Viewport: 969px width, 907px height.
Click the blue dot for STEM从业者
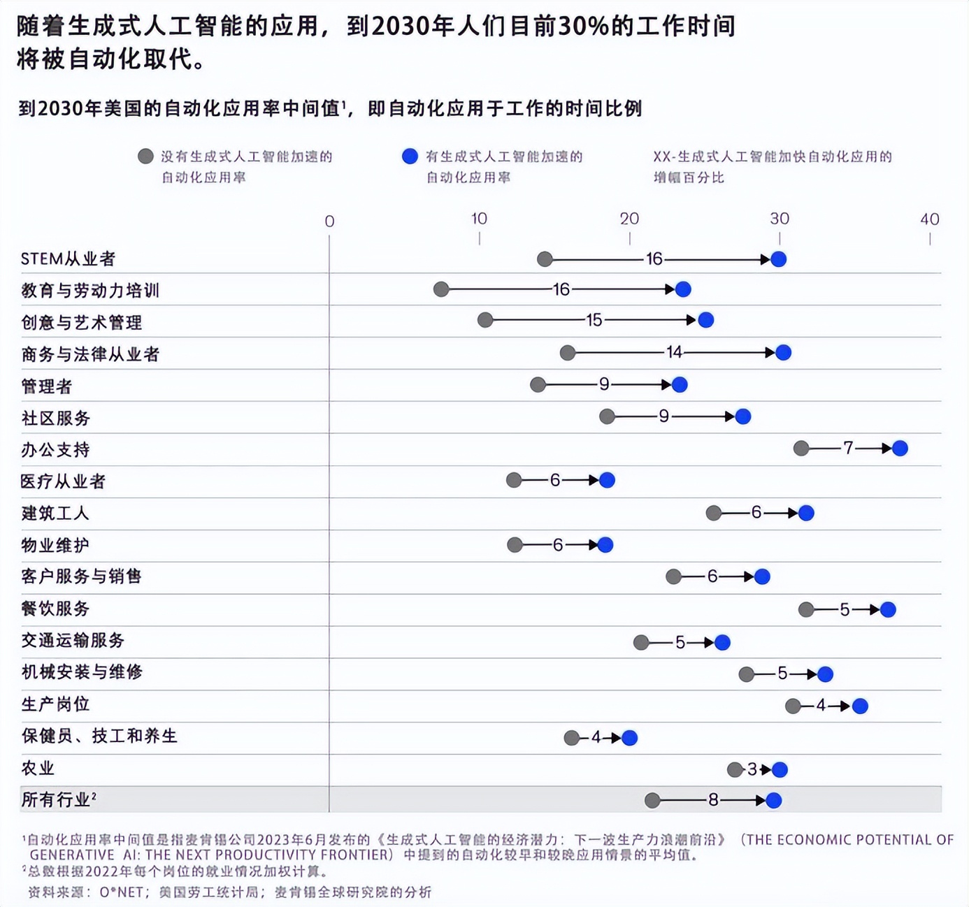point(778,259)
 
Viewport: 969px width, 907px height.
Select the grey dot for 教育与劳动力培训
point(441,289)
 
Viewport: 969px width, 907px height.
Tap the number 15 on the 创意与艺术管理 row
point(594,320)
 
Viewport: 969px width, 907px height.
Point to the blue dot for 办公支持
point(900,449)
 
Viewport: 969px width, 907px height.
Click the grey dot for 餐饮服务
point(806,609)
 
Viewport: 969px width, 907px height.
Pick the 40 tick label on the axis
point(929,219)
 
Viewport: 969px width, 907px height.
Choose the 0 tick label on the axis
point(329,222)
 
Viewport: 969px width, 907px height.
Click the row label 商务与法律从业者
point(90,354)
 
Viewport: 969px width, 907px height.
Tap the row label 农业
point(38,768)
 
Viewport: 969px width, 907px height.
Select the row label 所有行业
point(56,799)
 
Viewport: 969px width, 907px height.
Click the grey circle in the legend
point(145,157)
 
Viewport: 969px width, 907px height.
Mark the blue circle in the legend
point(410,157)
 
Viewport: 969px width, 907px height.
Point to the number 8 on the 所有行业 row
point(713,800)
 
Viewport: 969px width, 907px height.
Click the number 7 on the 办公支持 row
point(848,448)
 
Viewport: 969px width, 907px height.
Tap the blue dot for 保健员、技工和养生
point(629,738)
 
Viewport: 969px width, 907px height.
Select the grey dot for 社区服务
point(607,417)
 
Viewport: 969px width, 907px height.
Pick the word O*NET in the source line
point(121,892)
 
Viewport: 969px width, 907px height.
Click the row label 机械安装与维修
point(82,672)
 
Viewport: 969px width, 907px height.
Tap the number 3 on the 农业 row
point(752,769)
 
